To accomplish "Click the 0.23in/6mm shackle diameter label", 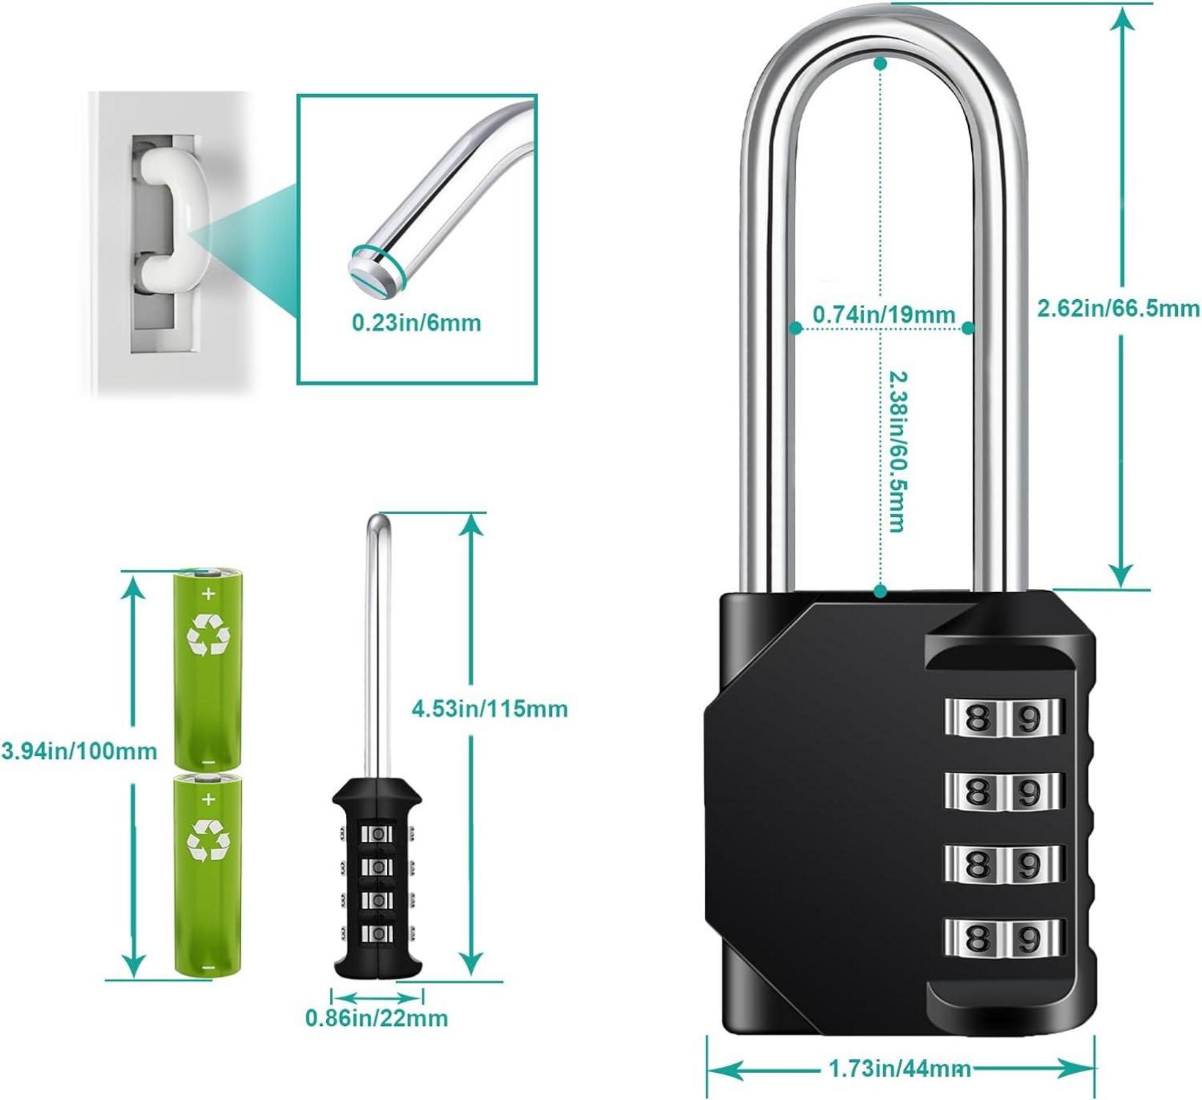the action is pos(416,323).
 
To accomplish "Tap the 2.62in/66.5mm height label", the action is pos(1118,308).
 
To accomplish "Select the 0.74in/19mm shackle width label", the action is pos(884,315).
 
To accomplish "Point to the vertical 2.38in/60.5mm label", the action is pos(896,450).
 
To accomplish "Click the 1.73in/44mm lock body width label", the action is pos(900,1068).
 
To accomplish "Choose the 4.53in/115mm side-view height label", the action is pos(490,709).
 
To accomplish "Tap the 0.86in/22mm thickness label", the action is pos(377,1018).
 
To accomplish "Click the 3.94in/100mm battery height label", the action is pos(79,751).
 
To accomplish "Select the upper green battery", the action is pos(207,668).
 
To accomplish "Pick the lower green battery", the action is pos(207,874).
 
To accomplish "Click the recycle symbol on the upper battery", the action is pos(208,634).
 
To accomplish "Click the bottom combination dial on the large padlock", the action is pos(1003,937).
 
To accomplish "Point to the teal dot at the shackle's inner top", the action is pos(881,64).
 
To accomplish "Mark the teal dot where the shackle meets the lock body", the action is pos(881,591).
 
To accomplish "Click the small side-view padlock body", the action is pos(377,879).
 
